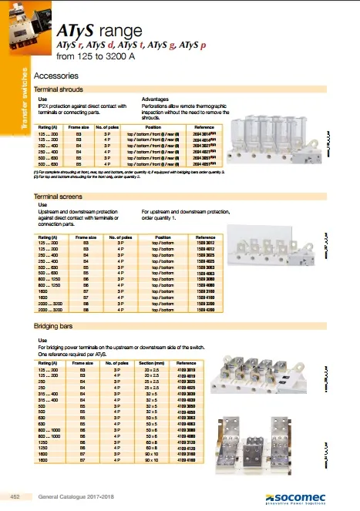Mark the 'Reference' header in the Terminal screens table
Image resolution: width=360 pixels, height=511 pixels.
point(205,237)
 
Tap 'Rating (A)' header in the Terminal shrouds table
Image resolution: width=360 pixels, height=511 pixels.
point(49,125)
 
